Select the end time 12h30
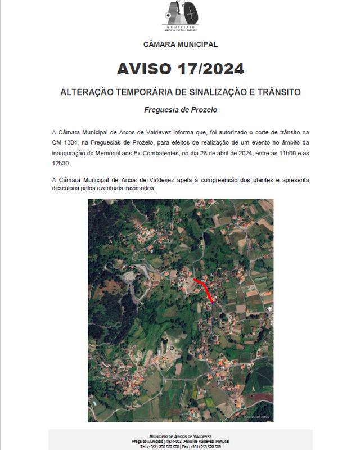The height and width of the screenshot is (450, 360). tap(62, 163)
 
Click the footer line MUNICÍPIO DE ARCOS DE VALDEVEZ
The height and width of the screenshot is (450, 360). tap(181, 436)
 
